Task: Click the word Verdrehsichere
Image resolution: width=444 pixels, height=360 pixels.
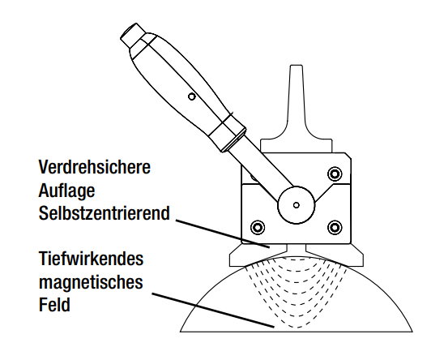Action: [x=95, y=169]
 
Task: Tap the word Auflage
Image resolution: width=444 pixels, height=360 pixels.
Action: [x=68, y=192]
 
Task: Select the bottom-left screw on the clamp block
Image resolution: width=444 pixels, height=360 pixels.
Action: [x=258, y=225]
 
